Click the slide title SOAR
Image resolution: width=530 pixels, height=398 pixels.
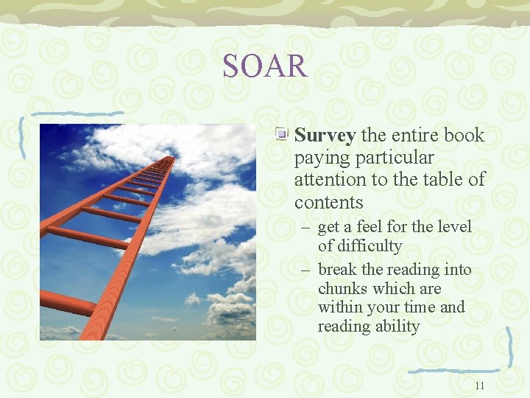click(265, 66)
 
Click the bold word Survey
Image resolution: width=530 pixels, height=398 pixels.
click(325, 136)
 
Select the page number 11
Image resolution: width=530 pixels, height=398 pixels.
click(480, 385)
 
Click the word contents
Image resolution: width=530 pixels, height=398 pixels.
click(328, 202)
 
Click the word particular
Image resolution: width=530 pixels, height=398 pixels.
click(399, 158)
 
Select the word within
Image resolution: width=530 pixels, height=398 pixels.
click(340, 307)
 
